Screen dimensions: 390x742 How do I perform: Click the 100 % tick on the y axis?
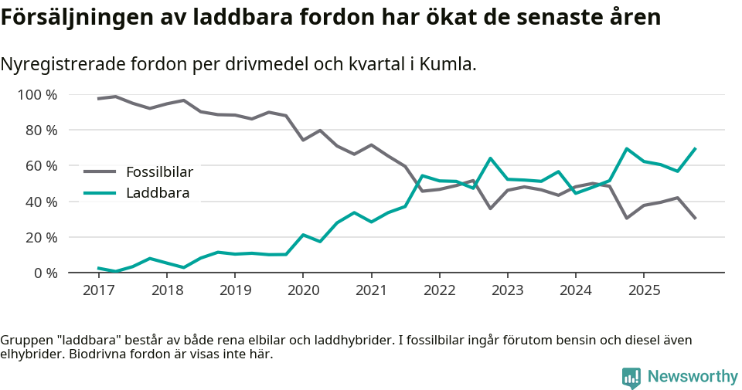point(37,95)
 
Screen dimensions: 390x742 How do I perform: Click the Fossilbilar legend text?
point(159,171)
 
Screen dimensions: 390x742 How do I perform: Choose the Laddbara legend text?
point(158,193)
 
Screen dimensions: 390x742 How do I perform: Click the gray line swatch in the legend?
point(100,171)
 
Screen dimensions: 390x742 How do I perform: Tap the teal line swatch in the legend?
point(100,193)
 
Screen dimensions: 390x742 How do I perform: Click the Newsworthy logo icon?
point(631,377)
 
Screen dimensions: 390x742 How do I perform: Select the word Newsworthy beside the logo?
point(693,377)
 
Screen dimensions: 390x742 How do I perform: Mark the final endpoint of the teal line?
point(695,148)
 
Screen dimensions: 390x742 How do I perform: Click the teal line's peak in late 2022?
point(490,158)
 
